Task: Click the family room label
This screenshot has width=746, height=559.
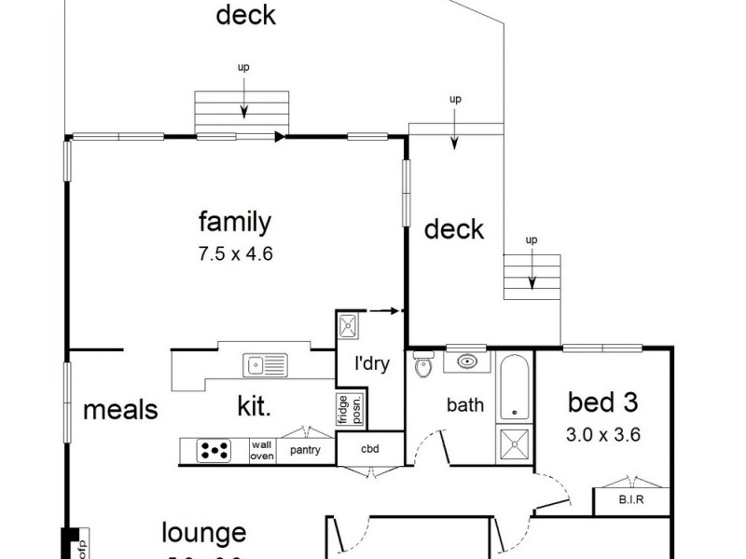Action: point(234,222)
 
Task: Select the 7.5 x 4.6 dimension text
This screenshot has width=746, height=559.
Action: point(234,252)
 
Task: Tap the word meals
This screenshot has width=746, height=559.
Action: point(119,409)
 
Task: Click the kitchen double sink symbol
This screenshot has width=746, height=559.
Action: point(265,365)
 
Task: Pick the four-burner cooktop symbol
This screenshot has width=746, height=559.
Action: point(214,451)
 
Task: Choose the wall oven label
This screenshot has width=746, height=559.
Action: point(262,451)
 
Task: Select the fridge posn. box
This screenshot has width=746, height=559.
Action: point(343,409)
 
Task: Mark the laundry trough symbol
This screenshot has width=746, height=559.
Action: point(349,325)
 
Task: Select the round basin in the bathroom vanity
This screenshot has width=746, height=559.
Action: point(467,361)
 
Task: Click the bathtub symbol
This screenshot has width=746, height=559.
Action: point(514,389)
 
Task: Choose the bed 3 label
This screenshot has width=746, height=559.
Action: point(603,402)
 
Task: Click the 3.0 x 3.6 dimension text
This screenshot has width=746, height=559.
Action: point(603,433)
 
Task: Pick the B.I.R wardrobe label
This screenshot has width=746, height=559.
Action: point(631,500)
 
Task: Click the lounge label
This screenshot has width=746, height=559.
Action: point(203,533)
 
